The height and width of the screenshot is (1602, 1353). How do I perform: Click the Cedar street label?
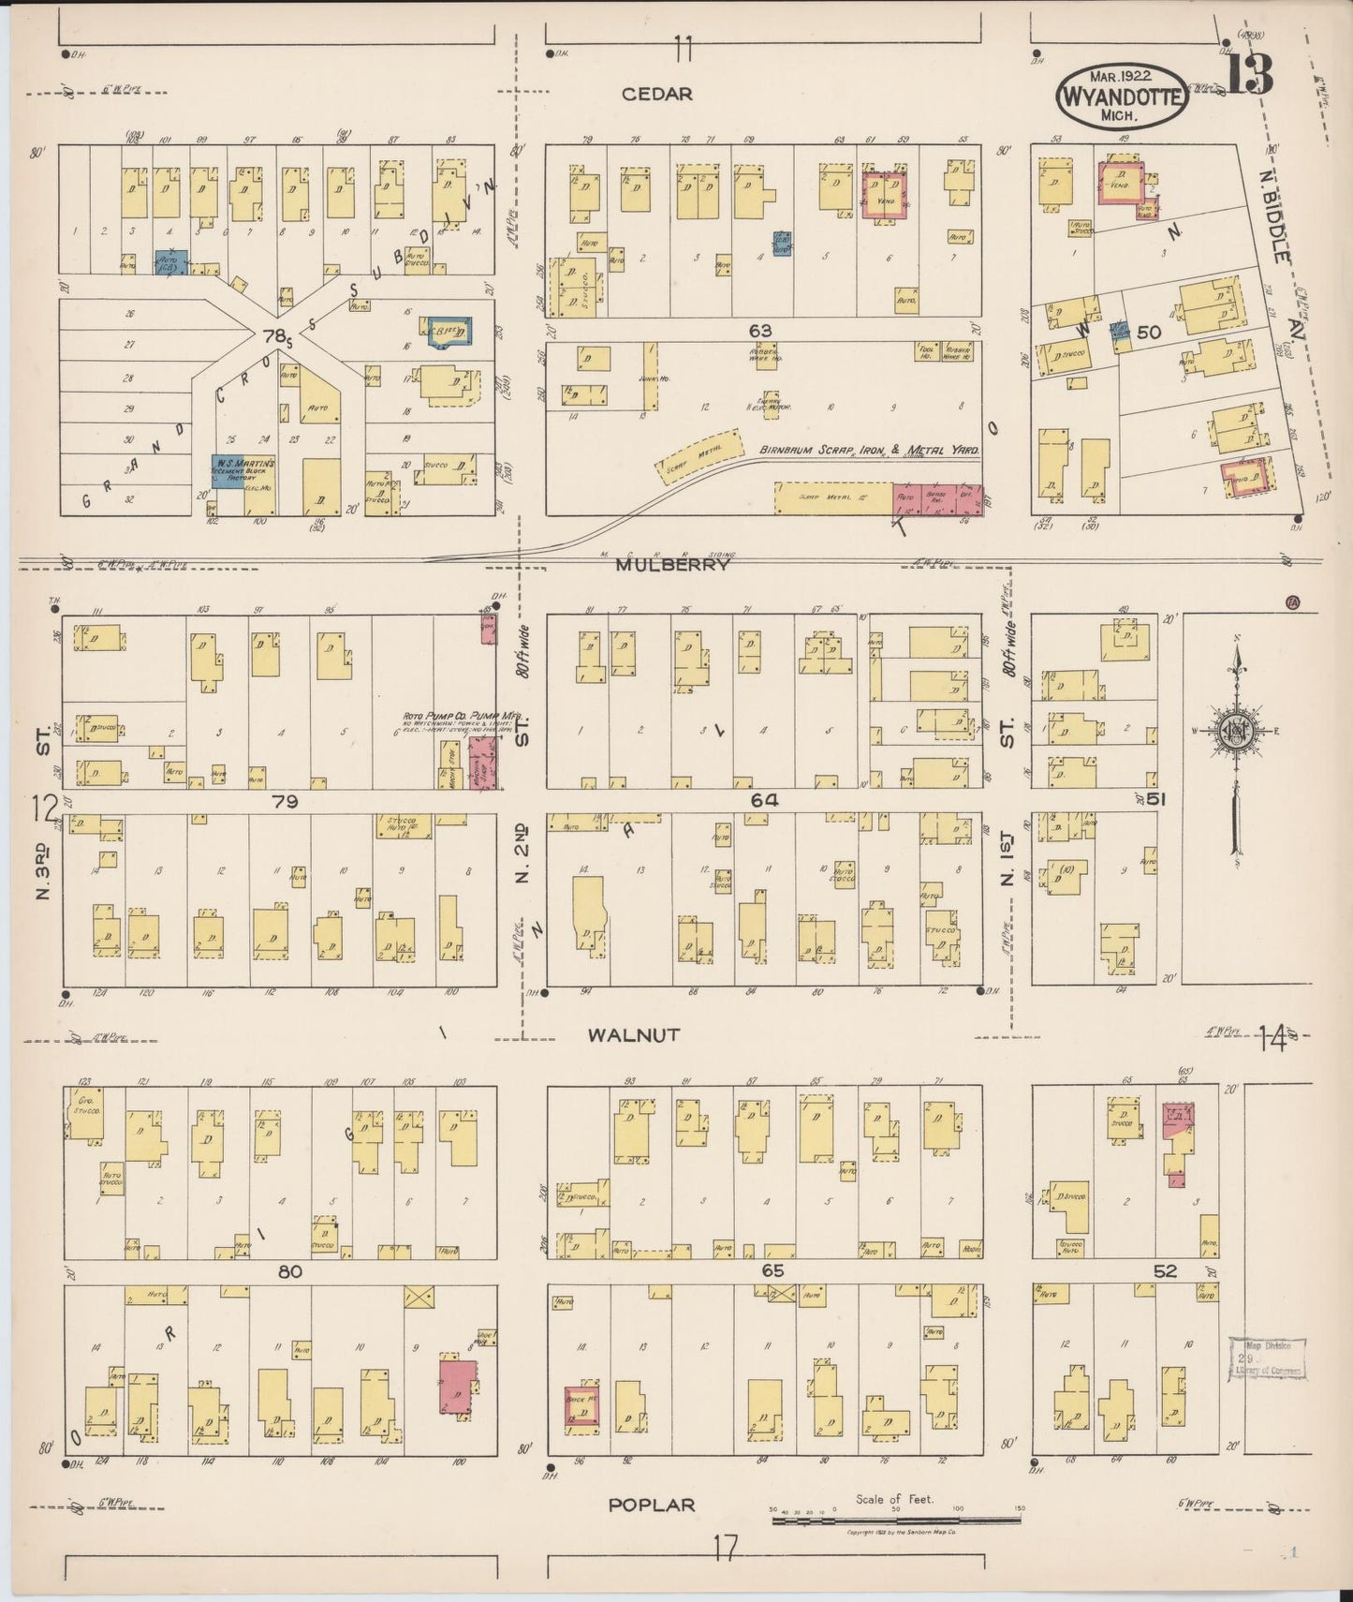pyautogui.click(x=657, y=94)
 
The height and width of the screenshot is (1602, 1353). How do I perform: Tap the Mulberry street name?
pyautogui.click(x=671, y=564)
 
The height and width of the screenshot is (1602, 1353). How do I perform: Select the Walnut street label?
pyautogui.click(x=634, y=1034)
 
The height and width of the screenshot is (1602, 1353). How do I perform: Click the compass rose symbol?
pyautogui.click(x=1237, y=730)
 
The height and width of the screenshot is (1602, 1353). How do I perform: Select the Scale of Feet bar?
pyautogui.click(x=895, y=1520)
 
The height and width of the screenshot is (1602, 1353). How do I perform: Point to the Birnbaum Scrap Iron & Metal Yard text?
pyautogui.click(x=869, y=451)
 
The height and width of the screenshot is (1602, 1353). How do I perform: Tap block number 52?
pyautogui.click(x=1165, y=1271)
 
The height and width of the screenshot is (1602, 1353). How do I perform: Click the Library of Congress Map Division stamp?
pyautogui.click(x=1265, y=1358)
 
